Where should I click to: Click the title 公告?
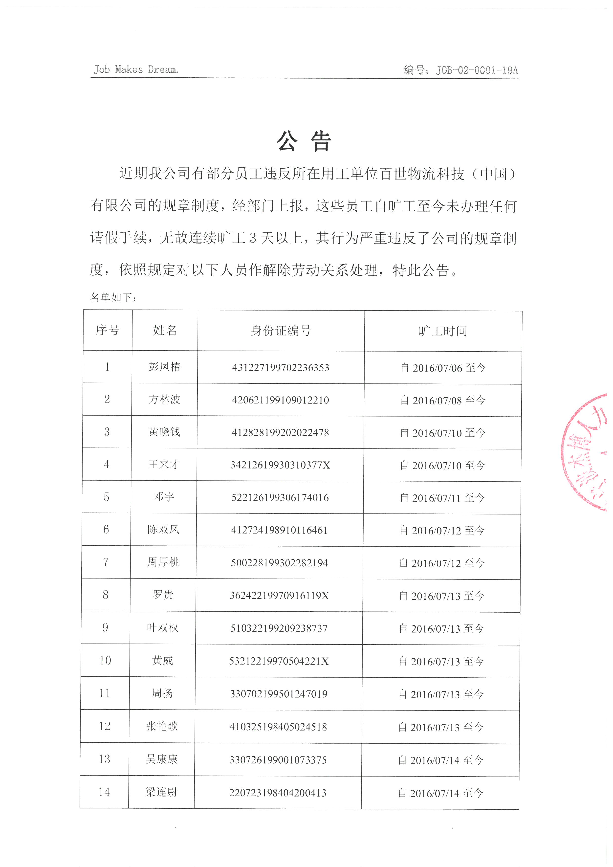click(x=304, y=142)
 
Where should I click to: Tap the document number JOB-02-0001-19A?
click(x=477, y=70)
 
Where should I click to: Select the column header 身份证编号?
click(x=281, y=331)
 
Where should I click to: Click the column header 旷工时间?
click(x=443, y=331)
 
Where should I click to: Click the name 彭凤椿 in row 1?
click(x=165, y=367)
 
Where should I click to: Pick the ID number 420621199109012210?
click(x=281, y=400)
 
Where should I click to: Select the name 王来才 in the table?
click(x=164, y=465)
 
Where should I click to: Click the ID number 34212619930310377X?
click(x=280, y=465)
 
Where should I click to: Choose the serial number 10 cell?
click(x=105, y=660)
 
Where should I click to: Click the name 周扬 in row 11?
click(x=162, y=693)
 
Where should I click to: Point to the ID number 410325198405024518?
click(x=278, y=727)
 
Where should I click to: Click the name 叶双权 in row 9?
click(x=163, y=628)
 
